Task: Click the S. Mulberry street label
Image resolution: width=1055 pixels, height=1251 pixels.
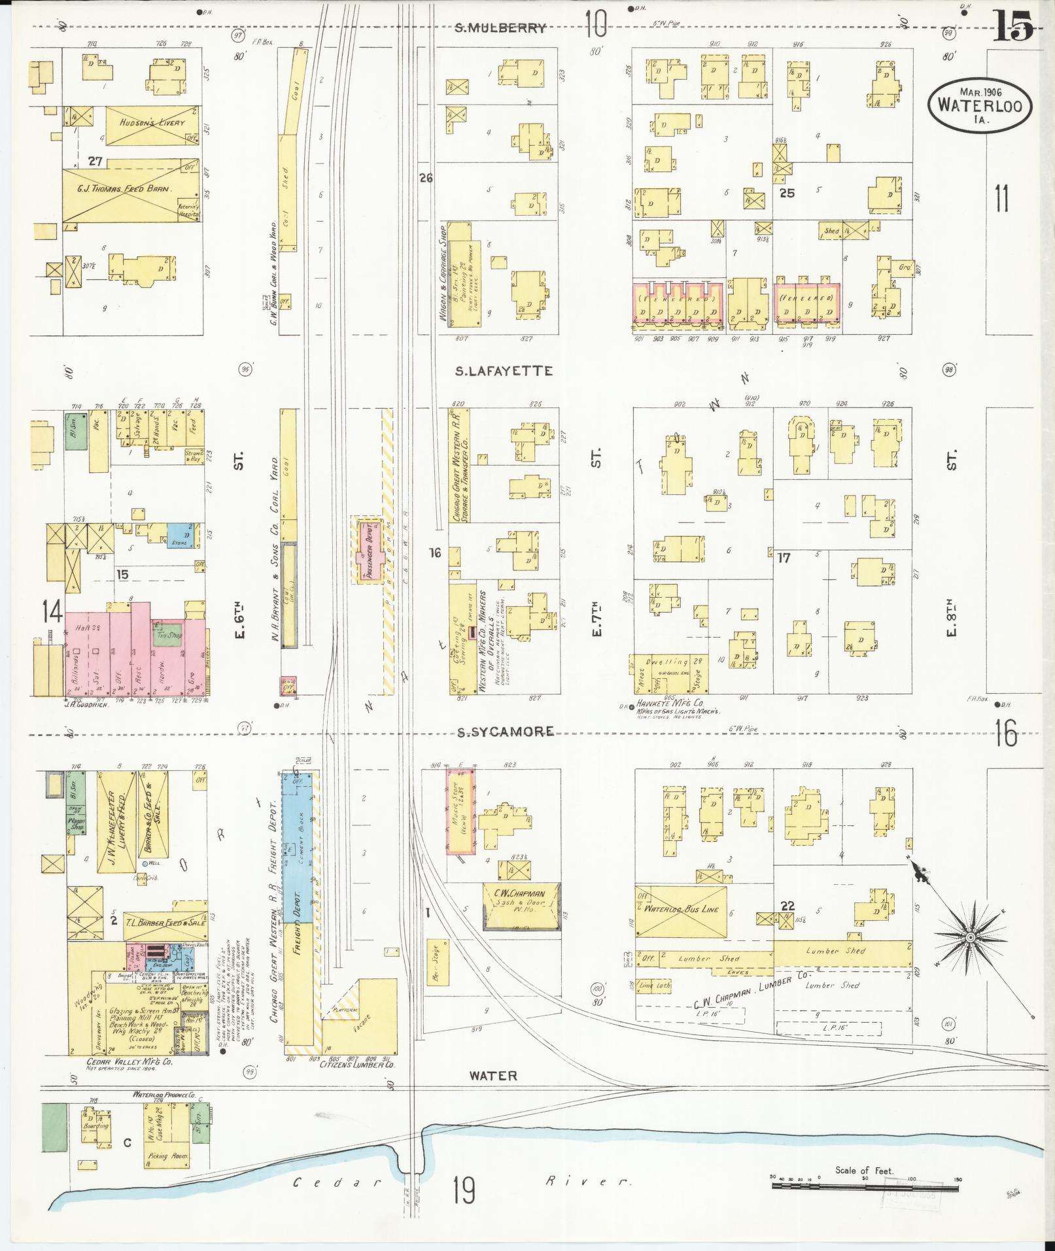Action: pos(500,27)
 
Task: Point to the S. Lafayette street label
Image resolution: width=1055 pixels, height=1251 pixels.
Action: pos(504,371)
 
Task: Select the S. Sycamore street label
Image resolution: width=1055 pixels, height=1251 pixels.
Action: pos(504,731)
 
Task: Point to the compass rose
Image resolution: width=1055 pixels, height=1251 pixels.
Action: pos(970,938)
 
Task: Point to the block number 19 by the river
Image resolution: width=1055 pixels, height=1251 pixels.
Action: pos(463,1188)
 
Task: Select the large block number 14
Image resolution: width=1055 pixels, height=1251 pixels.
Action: pos(52,611)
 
